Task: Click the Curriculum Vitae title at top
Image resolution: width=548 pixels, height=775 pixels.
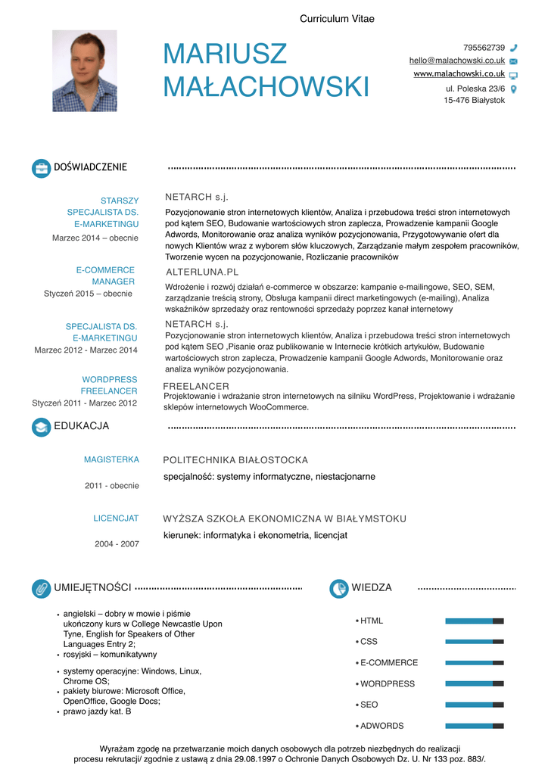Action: coord(337,19)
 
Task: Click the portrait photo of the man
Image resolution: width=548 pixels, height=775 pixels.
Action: coord(84,71)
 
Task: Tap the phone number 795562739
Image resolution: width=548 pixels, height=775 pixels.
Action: coord(484,48)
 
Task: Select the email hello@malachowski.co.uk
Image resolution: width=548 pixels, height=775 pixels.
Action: coord(456,61)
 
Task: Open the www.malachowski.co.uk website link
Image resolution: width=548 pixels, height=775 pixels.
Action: coord(459,74)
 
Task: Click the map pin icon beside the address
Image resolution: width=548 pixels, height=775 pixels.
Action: coord(514,89)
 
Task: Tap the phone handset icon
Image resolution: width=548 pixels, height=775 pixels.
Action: coord(514,48)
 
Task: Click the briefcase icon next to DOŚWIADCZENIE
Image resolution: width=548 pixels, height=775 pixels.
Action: coord(41,168)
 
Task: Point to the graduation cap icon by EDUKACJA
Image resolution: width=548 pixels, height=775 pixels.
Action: coord(41,427)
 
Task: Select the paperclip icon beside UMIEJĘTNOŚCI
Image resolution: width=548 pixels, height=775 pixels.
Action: coord(41,588)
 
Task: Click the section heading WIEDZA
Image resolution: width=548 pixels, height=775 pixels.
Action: coord(372,588)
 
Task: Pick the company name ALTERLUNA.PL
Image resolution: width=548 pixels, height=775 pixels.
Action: coord(201,272)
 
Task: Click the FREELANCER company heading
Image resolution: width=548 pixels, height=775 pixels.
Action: coord(196,387)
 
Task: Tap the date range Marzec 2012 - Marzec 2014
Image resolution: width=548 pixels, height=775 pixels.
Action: coord(86,350)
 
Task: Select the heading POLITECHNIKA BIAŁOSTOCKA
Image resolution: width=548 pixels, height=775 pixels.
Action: coord(235,460)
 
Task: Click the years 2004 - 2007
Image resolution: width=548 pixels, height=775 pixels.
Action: coord(117,544)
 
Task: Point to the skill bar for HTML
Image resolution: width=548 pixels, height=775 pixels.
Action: coord(475,621)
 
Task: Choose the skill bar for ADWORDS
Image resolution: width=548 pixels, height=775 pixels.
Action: coord(475,726)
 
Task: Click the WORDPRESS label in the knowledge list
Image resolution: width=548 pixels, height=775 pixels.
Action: coord(388,684)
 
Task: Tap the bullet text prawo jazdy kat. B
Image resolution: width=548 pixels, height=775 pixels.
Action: coord(97,711)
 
